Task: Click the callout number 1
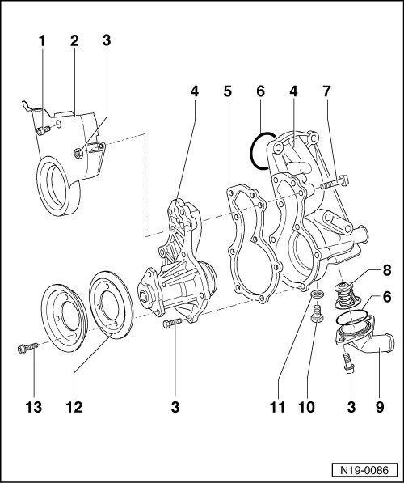click(42, 41)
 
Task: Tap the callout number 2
click(74, 41)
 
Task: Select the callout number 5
click(227, 91)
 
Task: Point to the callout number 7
click(326, 91)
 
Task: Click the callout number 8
click(386, 270)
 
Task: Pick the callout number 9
click(380, 407)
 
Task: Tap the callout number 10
click(306, 407)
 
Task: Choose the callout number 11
click(277, 407)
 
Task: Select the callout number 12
click(74, 407)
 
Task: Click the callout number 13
click(34, 407)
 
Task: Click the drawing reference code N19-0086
click(364, 470)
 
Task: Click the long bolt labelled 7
click(335, 181)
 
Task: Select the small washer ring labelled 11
click(318, 294)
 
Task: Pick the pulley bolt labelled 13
click(27, 348)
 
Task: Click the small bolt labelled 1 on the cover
click(43, 130)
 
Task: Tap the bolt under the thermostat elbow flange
click(348, 363)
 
